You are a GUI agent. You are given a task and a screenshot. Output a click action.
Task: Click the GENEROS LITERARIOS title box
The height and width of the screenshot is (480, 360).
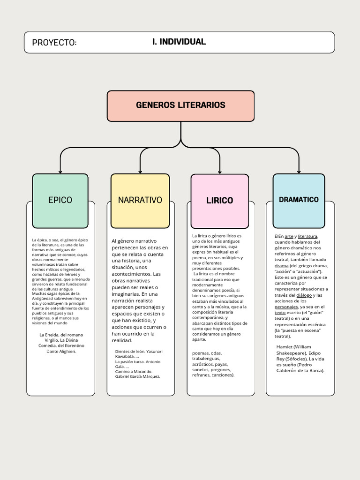pos(180,105)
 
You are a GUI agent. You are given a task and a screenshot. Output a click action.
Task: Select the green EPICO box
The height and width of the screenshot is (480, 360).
pos(60,200)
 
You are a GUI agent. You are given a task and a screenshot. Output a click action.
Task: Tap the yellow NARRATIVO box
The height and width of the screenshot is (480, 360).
pos(140,200)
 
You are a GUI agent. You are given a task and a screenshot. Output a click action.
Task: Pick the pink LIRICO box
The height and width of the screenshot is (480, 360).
pos(219,201)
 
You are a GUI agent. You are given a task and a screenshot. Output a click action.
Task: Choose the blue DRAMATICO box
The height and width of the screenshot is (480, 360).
pos(299,200)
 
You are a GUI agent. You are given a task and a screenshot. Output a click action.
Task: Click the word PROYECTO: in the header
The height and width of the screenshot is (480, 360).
pos(54,43)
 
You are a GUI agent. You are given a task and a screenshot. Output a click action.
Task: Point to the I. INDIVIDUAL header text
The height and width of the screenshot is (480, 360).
pos(179,42)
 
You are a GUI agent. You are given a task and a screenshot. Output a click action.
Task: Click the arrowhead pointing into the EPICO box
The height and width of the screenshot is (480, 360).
pos(60,171)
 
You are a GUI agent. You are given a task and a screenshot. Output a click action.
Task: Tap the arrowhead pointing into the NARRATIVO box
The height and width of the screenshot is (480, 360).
pos(140,171)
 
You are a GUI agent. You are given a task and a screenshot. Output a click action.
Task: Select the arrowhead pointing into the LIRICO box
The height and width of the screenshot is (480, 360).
pos(220,172)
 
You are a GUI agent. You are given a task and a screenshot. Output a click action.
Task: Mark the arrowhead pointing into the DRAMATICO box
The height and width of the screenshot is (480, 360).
pos(299,171)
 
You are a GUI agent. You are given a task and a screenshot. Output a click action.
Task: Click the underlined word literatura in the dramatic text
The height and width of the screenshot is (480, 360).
pos(307,236)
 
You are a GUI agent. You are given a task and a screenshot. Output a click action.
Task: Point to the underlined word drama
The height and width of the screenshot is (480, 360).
pos(281,266)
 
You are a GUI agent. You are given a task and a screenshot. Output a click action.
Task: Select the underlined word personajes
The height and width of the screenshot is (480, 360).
pos(286,307)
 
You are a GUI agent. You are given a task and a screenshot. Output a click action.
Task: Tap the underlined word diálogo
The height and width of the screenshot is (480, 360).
pos(304,295)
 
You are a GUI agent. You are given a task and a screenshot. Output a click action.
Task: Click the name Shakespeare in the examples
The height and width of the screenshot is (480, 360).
pos(291,353)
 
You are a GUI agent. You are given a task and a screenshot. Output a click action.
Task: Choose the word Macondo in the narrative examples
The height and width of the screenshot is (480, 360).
pos(142,371)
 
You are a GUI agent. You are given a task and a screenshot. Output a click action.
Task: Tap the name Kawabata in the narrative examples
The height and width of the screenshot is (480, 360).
pos(126,356)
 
